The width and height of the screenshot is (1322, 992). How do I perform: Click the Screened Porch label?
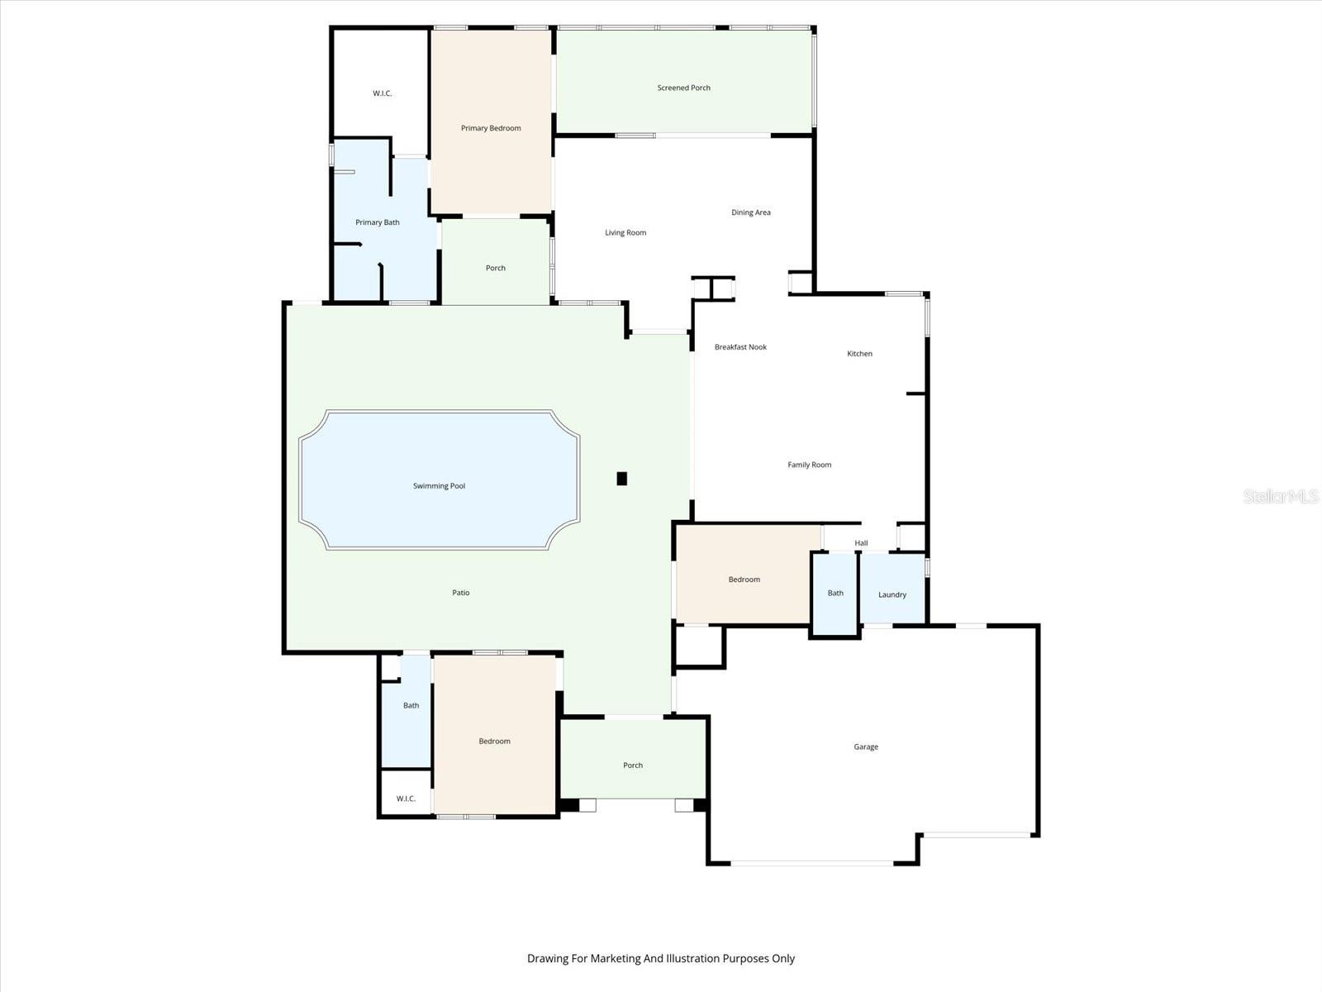point(683,88)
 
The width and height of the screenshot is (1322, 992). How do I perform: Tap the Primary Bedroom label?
point(491,128)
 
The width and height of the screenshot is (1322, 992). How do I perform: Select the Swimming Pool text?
point(439,486)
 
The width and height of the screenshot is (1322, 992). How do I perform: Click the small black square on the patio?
point(622,478)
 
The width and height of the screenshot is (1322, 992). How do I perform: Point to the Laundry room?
point(892,594)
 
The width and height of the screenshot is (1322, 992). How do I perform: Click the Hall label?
point(861,543)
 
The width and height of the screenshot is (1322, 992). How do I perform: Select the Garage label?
point(866,746)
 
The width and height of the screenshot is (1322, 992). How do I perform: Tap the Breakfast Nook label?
point(740,347)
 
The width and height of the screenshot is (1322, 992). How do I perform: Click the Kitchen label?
point(859,354)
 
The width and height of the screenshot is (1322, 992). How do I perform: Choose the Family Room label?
point(809,465)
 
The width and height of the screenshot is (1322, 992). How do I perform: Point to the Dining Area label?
point(750,212)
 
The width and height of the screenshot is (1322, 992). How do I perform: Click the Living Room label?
point(625,232)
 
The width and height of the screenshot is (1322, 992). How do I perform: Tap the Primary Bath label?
point(378,222)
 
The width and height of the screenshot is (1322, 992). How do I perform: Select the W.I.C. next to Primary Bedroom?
point(382,93)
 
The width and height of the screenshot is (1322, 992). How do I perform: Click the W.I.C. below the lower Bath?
point(406,799)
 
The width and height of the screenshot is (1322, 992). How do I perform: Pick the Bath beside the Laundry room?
point(835,593)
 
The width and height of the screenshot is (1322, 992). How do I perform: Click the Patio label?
point(461,593)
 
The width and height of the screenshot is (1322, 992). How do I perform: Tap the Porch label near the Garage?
point(633,765)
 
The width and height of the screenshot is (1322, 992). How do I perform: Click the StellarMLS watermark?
point(1280,496)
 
